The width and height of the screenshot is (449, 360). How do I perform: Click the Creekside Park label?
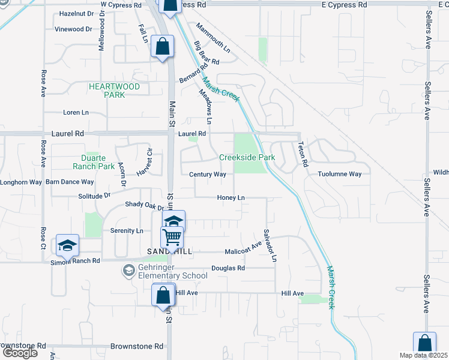click(247, 157)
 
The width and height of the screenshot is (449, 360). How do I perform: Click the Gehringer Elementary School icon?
click(128, 271)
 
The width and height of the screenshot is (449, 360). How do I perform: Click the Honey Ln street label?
click(231, 198)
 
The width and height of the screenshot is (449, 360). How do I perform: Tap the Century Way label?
click(207, 175)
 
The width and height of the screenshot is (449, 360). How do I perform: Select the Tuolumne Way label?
click(340, 175)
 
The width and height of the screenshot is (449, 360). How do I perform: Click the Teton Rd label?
click(304, 155)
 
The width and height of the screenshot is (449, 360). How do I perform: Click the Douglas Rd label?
click(228, 268)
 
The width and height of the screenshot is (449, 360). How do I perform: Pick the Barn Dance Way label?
click(70, 182)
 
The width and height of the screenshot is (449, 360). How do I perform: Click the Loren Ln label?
click(76, 112)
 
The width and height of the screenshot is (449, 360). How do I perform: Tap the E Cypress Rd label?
click(344, 5)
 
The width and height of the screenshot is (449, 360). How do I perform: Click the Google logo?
click(20, 353)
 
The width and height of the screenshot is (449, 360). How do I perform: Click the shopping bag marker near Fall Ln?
click(163, 46)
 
